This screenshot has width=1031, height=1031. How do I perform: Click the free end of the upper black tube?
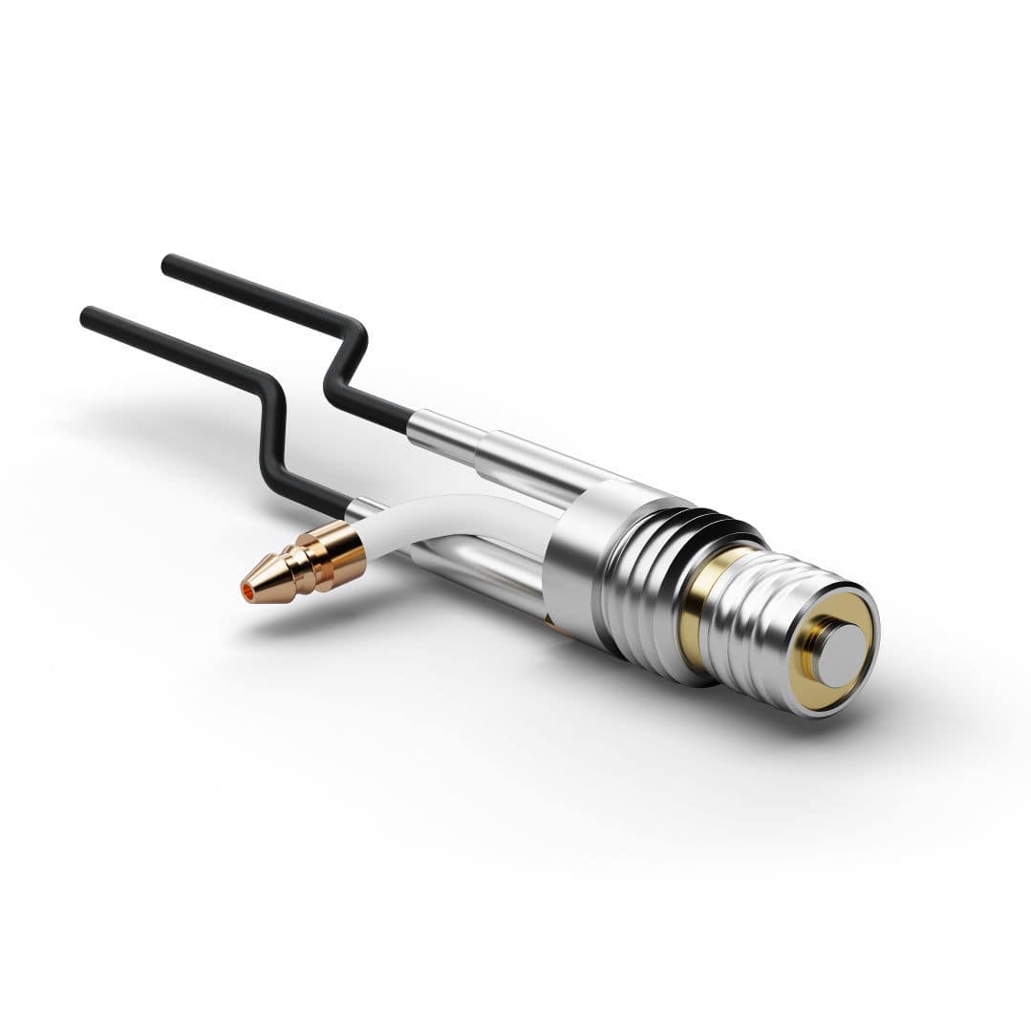point(170,263)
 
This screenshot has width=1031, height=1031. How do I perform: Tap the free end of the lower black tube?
point(89,315)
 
